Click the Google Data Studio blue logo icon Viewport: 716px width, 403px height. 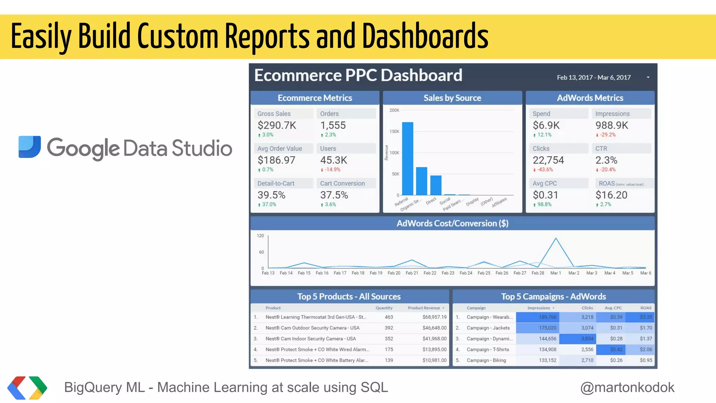coord(30,147)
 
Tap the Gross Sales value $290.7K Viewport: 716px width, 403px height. coord(277,125)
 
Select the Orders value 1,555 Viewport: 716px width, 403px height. coord(333,125)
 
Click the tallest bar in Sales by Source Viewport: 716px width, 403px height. coord(408,158)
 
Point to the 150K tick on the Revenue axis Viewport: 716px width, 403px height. coord(394,132)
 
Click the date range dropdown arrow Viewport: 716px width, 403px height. coord(648,77)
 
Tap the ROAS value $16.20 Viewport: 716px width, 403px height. coord(611,195)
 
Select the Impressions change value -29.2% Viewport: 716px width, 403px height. coord(608,135)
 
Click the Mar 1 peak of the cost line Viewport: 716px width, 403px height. coord(556,239)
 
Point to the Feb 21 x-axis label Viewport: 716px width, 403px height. coord(412,273)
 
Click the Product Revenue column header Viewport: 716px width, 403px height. coord(424,308)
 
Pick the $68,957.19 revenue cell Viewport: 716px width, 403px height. coord(434,317)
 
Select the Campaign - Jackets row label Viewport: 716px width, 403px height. coord(488,328)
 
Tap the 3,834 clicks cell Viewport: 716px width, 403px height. coord(587,339)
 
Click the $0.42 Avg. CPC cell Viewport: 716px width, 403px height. coord(616,349)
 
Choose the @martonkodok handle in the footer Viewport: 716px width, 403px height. coord(627,387)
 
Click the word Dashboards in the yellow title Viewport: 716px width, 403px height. coord(425,36)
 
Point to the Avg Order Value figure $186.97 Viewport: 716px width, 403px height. coord(277,160)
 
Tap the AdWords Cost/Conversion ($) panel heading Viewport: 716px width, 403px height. coord(452,223)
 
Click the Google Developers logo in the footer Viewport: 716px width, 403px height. coord(27,388)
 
